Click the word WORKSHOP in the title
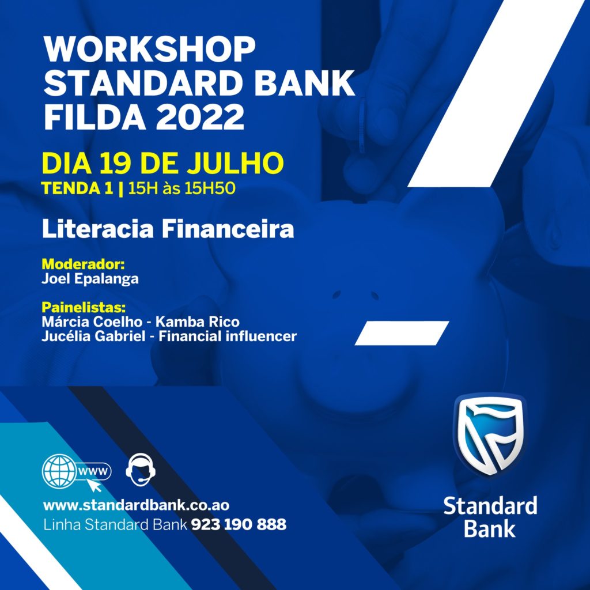(x=149, y=50)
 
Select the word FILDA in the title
(x=95, y=117)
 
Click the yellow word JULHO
(x=235, y=163)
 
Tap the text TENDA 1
(x=77, y=188)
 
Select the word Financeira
(x=228, y=229)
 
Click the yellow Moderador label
(x=83, y=264)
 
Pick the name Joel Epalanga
(x=90, y=279)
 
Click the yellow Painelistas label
(x=84, y=308)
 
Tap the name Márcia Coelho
(x=92, y=322)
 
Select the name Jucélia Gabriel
(x=93, y=336)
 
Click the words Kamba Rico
(x=197, y=322)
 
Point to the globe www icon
(x=77, y=472)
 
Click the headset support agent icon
(x=141, y=470)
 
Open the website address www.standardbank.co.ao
(x=136, y=505)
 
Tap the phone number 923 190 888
(x=239, y=524)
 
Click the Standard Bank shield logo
(x=490, y=434)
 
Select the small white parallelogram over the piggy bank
(x=402, y=333)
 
